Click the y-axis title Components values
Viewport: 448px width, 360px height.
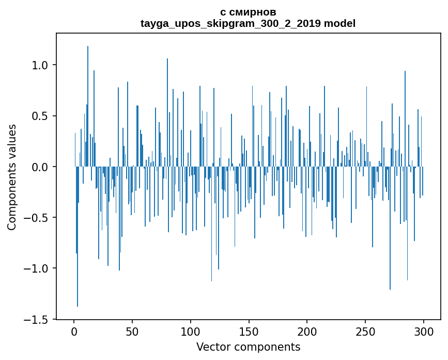(x=12, y=177)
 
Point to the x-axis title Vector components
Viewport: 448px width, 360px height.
(x=248, y=347)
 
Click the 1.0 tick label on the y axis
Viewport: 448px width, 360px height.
(x=40, y=65)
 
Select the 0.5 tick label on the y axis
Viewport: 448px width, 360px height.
(x=40, y=116)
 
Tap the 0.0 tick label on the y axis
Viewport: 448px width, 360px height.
(x=40, y=167)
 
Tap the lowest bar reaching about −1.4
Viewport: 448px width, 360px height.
(x=78, y=238)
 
